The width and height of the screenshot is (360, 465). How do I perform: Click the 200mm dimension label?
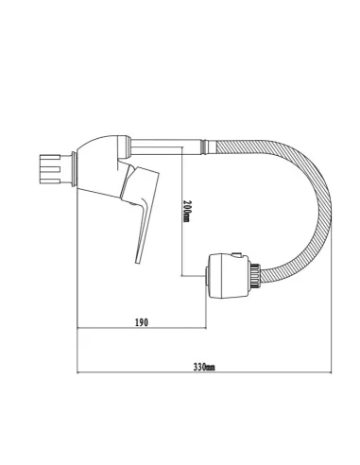[x=186, y=211]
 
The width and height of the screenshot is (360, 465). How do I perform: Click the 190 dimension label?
[x=142, y=322]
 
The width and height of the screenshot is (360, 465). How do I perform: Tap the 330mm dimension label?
[x=204, y=367]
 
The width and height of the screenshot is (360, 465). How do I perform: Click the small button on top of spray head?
[x=236, y=255]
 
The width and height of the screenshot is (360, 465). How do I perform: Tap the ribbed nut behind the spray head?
[x=255, y=276]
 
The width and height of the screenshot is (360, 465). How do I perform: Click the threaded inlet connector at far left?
[x=50, y=169]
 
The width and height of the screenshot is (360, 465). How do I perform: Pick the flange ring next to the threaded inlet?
[x=74, y=169]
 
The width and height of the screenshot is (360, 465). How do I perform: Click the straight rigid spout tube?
[x=166, y=146]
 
